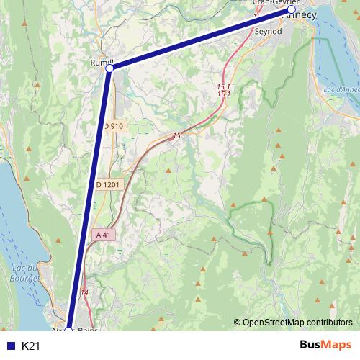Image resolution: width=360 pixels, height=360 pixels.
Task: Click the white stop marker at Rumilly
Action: click(x=109, y=69)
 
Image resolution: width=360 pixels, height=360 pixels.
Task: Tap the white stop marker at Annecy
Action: click(x=292, y=11)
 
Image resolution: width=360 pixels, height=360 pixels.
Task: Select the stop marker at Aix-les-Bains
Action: click(x=68, y=330)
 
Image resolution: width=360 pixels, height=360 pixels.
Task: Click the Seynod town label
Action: click(x=269, y=32)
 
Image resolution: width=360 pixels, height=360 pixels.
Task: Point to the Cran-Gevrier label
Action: click(x=271, y=2)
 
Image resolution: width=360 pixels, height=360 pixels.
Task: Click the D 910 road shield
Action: click(x=114, y=126)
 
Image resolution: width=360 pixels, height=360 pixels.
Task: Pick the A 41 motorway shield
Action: click(x=102, y=235)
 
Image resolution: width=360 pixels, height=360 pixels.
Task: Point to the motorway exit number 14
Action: click(x=86, y=292)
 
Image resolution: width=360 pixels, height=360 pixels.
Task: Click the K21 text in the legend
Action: click(x=30, y=346)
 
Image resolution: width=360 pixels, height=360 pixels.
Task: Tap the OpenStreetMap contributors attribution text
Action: click(x=297, y=323)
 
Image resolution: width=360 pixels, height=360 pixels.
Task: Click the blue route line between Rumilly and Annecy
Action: click(x=202, y=40)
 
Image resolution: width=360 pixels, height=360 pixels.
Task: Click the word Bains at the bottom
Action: click(x=87, y=330)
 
